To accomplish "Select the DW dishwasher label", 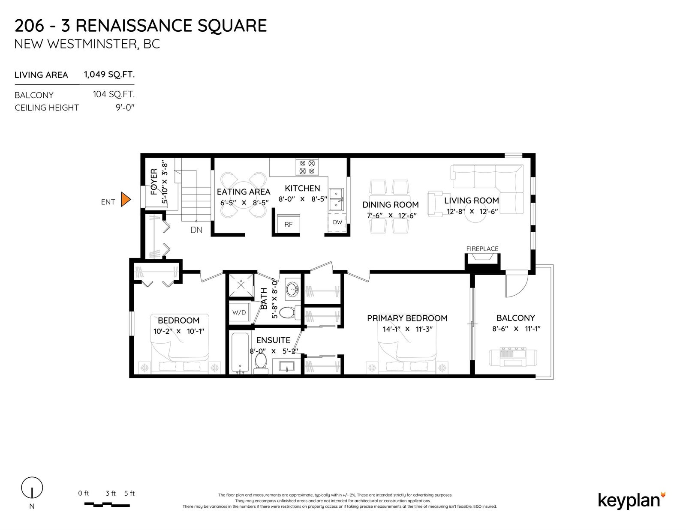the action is click(x=337, y=222).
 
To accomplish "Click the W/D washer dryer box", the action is click(x=239, y=312).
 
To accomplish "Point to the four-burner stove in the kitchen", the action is click(x=307, y=167).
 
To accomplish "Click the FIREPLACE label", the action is click(x=482, y=249).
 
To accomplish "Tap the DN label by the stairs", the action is click(x=196, y=230).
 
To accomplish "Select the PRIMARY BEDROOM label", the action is click(x=407, y=318).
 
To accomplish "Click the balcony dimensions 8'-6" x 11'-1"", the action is click(x=516, y=329).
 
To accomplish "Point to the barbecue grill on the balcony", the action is click(x=513, y=357).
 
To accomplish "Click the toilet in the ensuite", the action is click(x=261, y=363).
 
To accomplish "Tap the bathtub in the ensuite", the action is click(x=240, y=352).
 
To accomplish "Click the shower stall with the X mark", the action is click(x=241, y=285).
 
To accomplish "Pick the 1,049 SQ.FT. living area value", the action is click(x=109, y=75).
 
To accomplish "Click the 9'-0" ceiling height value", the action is click(x=125, y=108).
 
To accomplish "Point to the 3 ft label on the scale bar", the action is click(x=111, y=494).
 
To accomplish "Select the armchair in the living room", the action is click(x=436, y=204).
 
